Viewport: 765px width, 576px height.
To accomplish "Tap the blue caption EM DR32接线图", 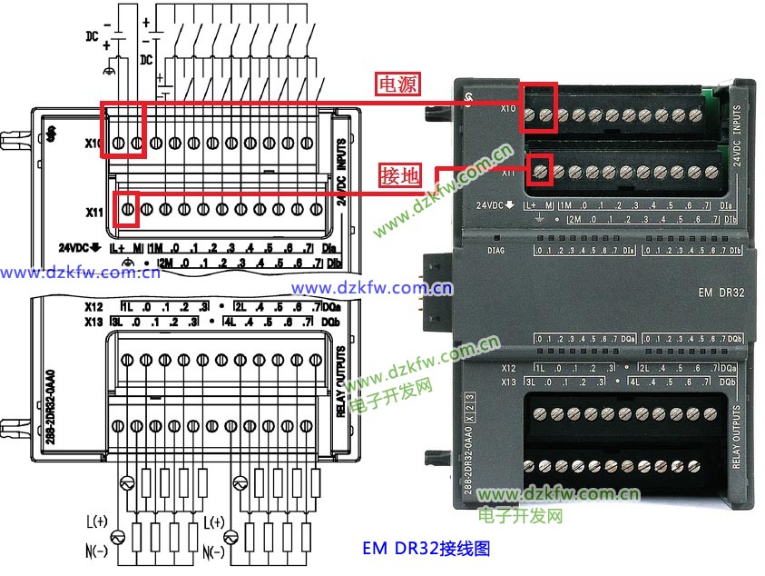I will click(x=427, y=548).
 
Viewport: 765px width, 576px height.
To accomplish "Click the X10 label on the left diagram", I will click(x=93, y=144).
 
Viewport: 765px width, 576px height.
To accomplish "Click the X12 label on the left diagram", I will click(x=93, y=306).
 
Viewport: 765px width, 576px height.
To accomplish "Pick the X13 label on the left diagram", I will click(x=93, y=321).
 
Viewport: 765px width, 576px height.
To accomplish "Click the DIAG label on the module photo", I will click(x=495, y=250).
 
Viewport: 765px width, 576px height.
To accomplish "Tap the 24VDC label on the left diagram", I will click(x=75, y=247).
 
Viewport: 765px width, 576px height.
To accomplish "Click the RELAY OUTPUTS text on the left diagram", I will click(x=341, y=382).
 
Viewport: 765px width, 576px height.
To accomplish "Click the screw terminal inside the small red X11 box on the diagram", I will click(x=128, y=210).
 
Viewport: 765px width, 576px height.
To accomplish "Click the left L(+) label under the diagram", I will click(x=96, y=521).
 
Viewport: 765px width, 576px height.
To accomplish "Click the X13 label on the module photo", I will click(x=509, y=382).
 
